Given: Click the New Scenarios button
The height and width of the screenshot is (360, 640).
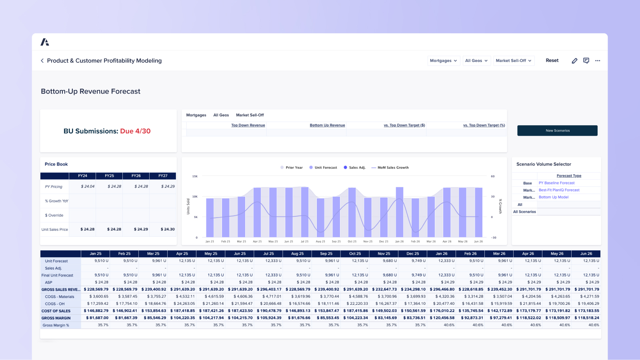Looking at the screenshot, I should (x=557, y=130).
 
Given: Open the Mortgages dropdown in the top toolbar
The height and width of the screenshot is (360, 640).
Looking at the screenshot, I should (x=443, y=61).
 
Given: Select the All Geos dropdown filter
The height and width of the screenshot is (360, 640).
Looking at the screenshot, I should (x=476, y=61).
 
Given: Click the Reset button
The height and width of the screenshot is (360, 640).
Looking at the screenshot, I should (x=552, y=60).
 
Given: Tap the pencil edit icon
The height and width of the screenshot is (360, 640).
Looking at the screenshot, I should (x=574, y=61).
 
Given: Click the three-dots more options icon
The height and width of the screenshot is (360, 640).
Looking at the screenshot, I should (x=598, y=61).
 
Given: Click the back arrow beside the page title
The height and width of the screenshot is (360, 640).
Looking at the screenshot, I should (x=42, y=61).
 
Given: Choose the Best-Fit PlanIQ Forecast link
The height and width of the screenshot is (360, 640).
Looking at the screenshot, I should (x=559, y=190).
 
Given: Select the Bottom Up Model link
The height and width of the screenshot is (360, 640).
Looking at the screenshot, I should (x=553, y=197).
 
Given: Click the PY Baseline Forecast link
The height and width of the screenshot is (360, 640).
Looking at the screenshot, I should (x=556, y=183).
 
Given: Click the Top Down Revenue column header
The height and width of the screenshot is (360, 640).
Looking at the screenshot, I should (x=248, y=125).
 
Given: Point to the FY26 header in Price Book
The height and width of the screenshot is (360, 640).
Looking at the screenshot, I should (x=136, y=176).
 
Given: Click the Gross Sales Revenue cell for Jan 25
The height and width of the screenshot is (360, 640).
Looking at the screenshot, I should (x=96, y=289).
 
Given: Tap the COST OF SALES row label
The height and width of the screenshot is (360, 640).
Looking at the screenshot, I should (x=56, y=311).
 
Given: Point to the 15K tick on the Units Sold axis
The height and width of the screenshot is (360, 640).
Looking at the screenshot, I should (x=195, y=176).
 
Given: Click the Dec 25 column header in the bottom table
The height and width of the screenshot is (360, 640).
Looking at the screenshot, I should (x=412, y=254).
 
